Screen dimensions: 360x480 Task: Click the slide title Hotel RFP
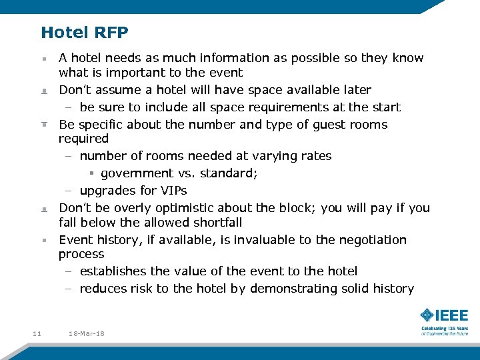(x=85, y=32)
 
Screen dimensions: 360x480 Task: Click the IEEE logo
(x=444, y=316)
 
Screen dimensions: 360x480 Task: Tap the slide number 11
(x=37, y=333)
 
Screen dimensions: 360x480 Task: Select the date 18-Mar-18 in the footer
(x=87, y=333)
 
